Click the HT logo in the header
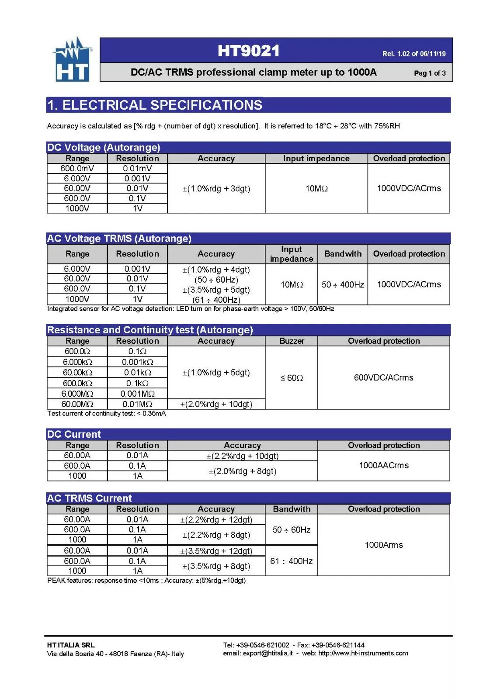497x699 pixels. (73, 60)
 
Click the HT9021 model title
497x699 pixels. (248, 51)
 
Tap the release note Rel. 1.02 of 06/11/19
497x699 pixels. (414, 54)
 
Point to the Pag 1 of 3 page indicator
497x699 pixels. (429, 73)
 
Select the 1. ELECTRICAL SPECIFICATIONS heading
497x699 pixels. (155, 105)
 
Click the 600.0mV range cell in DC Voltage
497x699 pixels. (77, 169)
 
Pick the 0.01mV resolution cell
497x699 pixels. (137, 169)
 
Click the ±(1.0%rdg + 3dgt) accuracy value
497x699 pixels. (216, 189)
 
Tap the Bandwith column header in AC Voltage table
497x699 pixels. (343, 254)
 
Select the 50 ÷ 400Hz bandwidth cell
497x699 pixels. (343, 285)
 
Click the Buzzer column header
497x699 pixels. (292, 341)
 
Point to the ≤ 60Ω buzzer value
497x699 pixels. (292, 378)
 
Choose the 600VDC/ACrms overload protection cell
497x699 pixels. (383, 377)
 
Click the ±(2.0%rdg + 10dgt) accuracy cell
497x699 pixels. (216, 405)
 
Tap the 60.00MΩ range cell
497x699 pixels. (77, 405)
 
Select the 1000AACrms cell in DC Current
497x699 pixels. (383, 466)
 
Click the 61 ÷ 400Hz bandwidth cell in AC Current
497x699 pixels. (291, 561)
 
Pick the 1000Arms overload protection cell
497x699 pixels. (383, 545)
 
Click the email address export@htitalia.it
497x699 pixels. (268, 653)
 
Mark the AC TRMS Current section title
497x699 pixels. (89, 498)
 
